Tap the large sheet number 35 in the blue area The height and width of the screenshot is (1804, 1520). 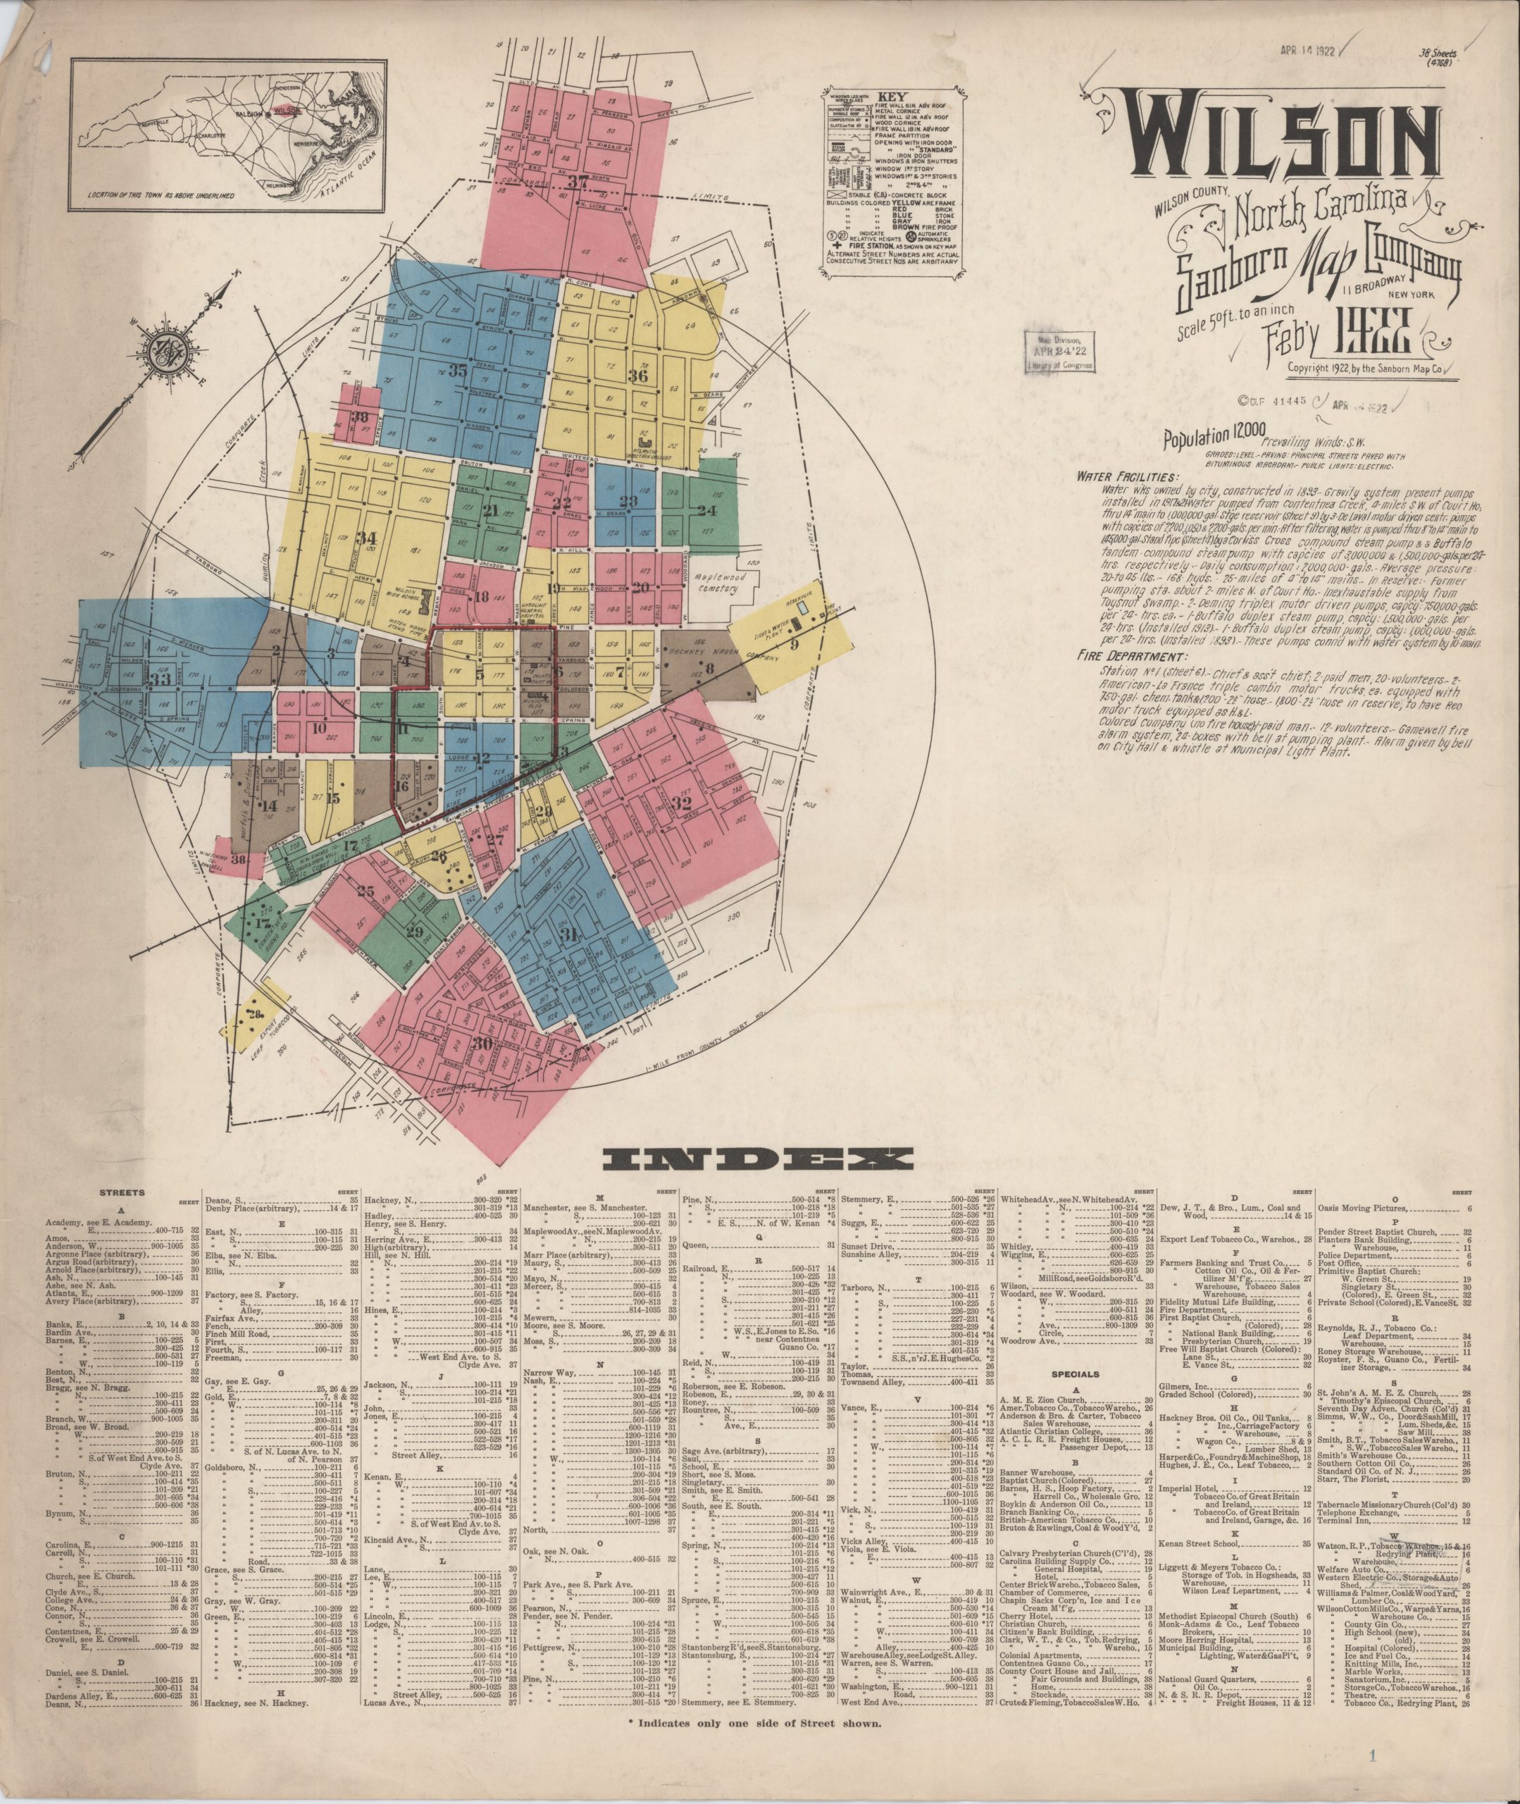tap(458, 371)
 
